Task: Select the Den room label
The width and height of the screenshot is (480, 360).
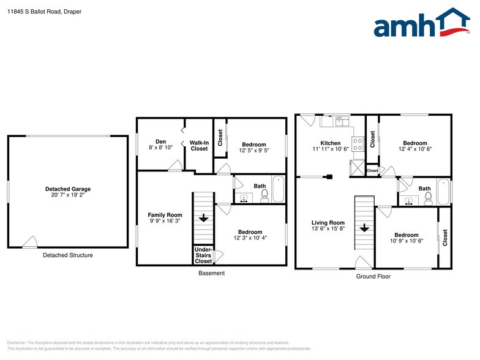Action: (161, 141)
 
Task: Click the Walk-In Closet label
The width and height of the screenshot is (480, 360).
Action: (199, 146)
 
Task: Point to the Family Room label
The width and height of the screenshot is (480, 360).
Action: (165, 215)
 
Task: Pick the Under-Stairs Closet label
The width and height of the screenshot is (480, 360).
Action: (203, 255)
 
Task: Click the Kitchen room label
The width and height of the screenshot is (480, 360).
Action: (331, 143)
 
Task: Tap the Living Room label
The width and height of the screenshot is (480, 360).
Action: (328, 223)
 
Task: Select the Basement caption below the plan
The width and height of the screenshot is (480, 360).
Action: (211, 273)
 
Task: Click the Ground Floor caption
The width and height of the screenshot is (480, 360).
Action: (373, 277)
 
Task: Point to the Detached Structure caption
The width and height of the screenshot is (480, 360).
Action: (67, 255)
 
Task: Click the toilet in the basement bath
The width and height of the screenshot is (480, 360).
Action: (264, 196)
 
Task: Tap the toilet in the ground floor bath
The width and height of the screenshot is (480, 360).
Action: (429, 197)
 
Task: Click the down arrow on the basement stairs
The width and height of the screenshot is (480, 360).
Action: (203, 217)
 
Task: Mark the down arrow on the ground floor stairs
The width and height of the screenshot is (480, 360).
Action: (364, 228)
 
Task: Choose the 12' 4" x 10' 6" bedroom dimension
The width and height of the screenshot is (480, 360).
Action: (415, 149)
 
